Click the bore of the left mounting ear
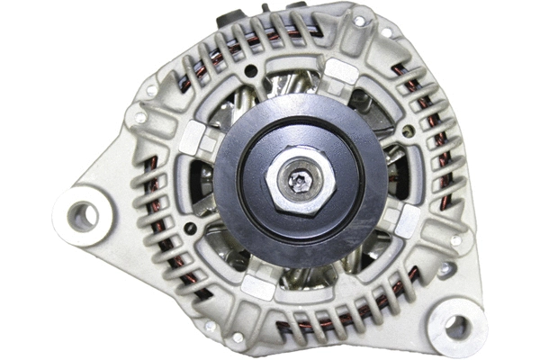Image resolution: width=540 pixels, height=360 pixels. click(83, 215)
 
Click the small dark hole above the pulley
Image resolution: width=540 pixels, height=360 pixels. click(253, 68)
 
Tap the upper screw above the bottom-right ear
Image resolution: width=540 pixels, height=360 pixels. click(456, 240)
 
